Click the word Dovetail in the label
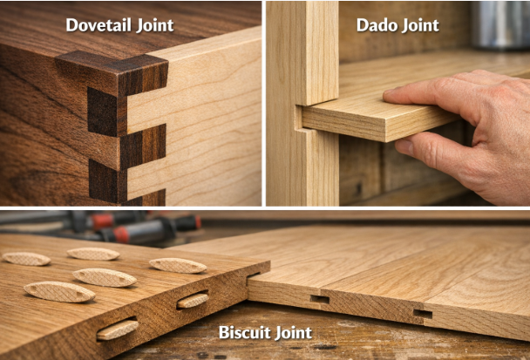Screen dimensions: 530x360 coord(99,25)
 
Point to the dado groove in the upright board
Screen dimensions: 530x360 coord(298,118)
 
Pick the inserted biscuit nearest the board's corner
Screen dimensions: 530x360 coord(193,300)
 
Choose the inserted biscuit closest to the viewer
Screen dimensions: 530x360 coord(118,329)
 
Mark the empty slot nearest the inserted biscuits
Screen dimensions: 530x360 coord(319,299)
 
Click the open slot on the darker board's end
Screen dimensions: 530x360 coord(253,275)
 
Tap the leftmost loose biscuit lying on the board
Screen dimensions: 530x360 coord(26,259)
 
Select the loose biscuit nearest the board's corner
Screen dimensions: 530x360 coord(178,265)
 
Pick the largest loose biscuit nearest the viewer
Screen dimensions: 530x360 coord(59,292)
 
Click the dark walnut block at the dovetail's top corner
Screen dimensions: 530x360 coord(142,75)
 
